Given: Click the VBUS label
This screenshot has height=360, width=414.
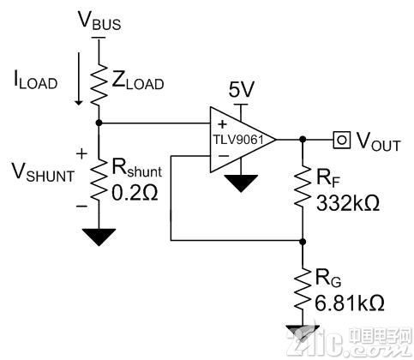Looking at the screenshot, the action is (x=99, y=21).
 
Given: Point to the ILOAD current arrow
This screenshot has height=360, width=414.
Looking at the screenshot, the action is (x=78, y=78).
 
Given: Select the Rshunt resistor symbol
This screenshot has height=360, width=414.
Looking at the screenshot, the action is (x=99, y=180).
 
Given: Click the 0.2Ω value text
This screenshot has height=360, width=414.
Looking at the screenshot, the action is (x=135, y=193).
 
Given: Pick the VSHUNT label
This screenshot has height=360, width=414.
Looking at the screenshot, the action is (x=43, y=173).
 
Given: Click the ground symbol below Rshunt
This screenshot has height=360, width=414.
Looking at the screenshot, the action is (x=99, y=237).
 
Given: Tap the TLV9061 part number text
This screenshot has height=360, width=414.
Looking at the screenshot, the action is (x=238, y=140).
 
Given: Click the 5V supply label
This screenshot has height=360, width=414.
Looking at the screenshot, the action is (x=241, y=89).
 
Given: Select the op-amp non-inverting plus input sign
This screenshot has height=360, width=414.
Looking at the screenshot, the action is (x=222, y=124).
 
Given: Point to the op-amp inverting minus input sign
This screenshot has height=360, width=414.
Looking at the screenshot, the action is (x=224, y=156).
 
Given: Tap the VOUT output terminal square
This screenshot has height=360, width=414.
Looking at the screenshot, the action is (x=342, y=140).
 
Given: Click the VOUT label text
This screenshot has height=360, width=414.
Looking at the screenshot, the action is (x=378, y=141).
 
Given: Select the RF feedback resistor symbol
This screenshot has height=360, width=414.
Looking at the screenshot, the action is (x=303, y=187).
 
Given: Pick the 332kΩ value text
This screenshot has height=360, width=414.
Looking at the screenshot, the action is (x=348, y=203).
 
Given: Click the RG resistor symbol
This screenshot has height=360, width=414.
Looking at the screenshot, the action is (x=303, y=289).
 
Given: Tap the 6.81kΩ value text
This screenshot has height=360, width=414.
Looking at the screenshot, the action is (x=350, y=303).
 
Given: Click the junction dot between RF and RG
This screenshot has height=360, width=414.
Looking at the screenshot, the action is (x=303, y=242).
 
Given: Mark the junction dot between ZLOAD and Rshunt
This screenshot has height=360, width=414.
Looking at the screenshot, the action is (x=99, y=123).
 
